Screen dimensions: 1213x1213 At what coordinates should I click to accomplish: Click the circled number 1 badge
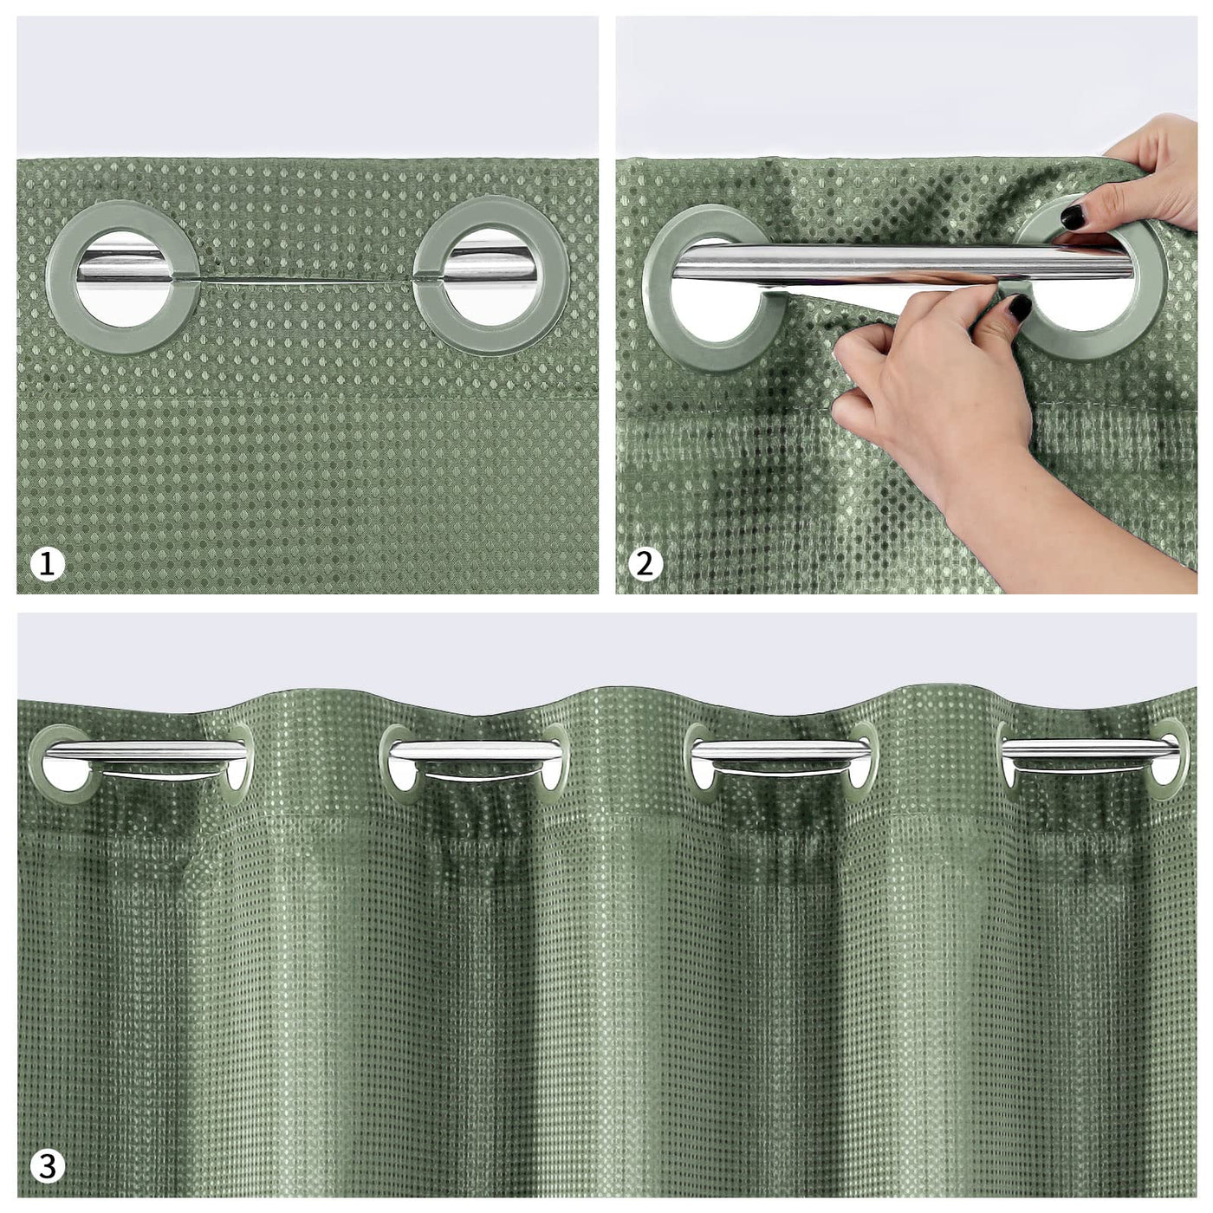point(48,563)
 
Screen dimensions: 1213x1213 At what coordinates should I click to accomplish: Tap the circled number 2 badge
point(645,563)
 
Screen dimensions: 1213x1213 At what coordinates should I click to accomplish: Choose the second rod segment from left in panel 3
point(476,749)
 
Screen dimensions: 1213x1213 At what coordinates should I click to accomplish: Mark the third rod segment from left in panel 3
point(779,749)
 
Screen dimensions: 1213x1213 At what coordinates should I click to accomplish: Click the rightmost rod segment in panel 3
point(1090,749)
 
